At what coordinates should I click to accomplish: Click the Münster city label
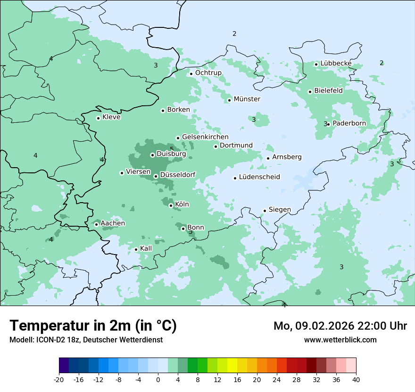tap(247, 99)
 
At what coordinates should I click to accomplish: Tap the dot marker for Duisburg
tap(153, 155)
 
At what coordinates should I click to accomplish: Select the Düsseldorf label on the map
tap(177, 175)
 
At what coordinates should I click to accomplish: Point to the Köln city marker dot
tap(171, 205)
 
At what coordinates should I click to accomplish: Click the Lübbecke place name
tap(336, 63)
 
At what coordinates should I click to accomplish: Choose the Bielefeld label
tap(328, 91)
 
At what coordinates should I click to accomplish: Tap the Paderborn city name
tap(349, 124)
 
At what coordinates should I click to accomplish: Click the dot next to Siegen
tap(265, 211)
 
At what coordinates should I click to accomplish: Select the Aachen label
tap(113, 223)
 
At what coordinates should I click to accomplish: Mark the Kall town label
tap(146, 248)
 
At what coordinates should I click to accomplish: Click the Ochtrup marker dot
tap(191, 74)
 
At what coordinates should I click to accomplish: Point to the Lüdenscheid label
tap(259, 177)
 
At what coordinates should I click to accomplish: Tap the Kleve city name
tap(111, 117)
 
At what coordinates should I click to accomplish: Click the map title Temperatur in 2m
tap(93, 325)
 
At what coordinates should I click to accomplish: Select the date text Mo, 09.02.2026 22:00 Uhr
tap(340, 326)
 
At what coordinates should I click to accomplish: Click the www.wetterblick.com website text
tap(340, 340)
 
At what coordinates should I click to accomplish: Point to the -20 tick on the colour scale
tap(59, 379)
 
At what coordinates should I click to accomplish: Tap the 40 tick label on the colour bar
tap(356, 379)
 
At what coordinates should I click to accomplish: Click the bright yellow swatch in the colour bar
tap(232, 366)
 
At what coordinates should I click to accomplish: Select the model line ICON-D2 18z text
tap(86, 340)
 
